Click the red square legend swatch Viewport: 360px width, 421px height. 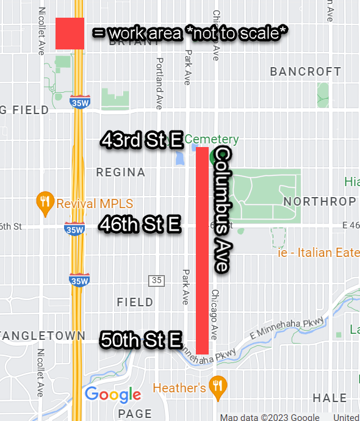click(x=70, y=33)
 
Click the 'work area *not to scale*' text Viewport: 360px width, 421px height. click(x=190, y=33)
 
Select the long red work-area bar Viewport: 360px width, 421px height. click(x=203, y=250)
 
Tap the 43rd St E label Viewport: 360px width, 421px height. click(x=142, y=141)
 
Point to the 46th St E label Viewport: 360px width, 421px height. click(x=140, y=225)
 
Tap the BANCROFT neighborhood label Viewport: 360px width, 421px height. click(x=306, y=72)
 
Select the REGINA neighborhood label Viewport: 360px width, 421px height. click(x=121, y=173)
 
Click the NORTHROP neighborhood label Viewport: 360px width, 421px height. click(x=320, y=201)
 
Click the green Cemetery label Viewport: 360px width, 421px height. click(x=212, y=140)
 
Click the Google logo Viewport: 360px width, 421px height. click(x=113, y=395)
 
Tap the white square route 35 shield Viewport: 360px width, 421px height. click(x=157, y=281)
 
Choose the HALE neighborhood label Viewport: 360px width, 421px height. click(x=329, y=398)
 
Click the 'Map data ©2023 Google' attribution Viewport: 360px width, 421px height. click(x=270, y=417)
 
